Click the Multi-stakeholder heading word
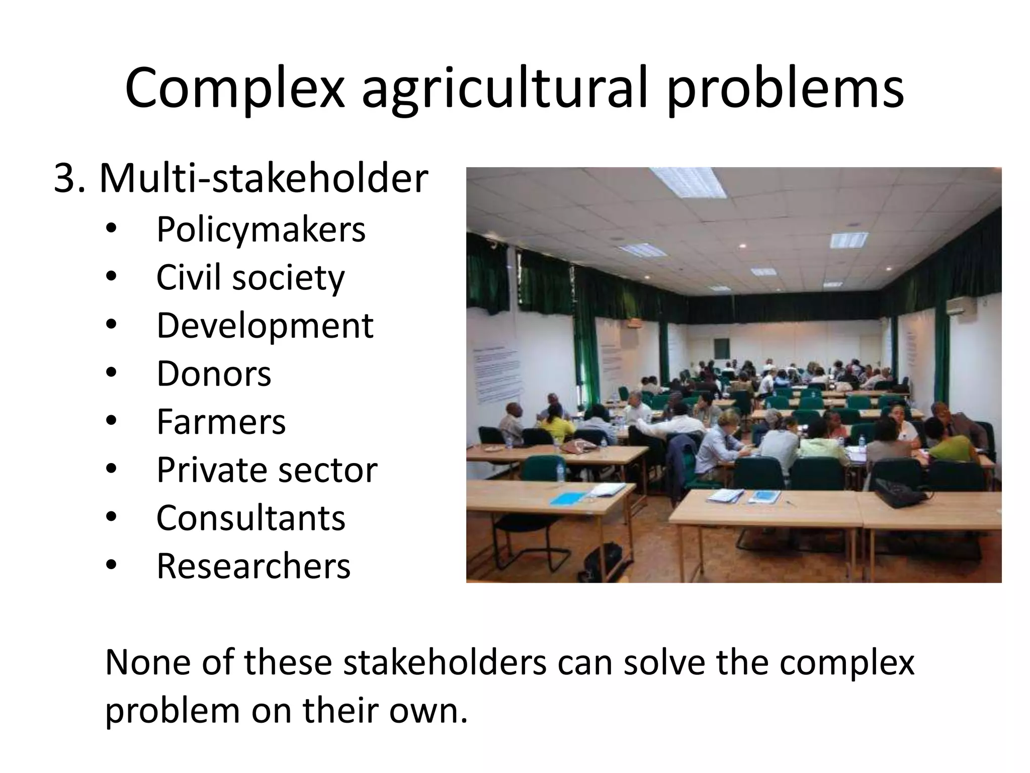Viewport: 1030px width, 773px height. (264, 179)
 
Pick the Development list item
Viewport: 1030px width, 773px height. (265, 326)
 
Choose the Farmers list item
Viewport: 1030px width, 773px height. (221, 422)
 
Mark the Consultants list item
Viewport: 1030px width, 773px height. (250, 518)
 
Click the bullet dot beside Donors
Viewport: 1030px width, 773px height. (111, 373)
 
